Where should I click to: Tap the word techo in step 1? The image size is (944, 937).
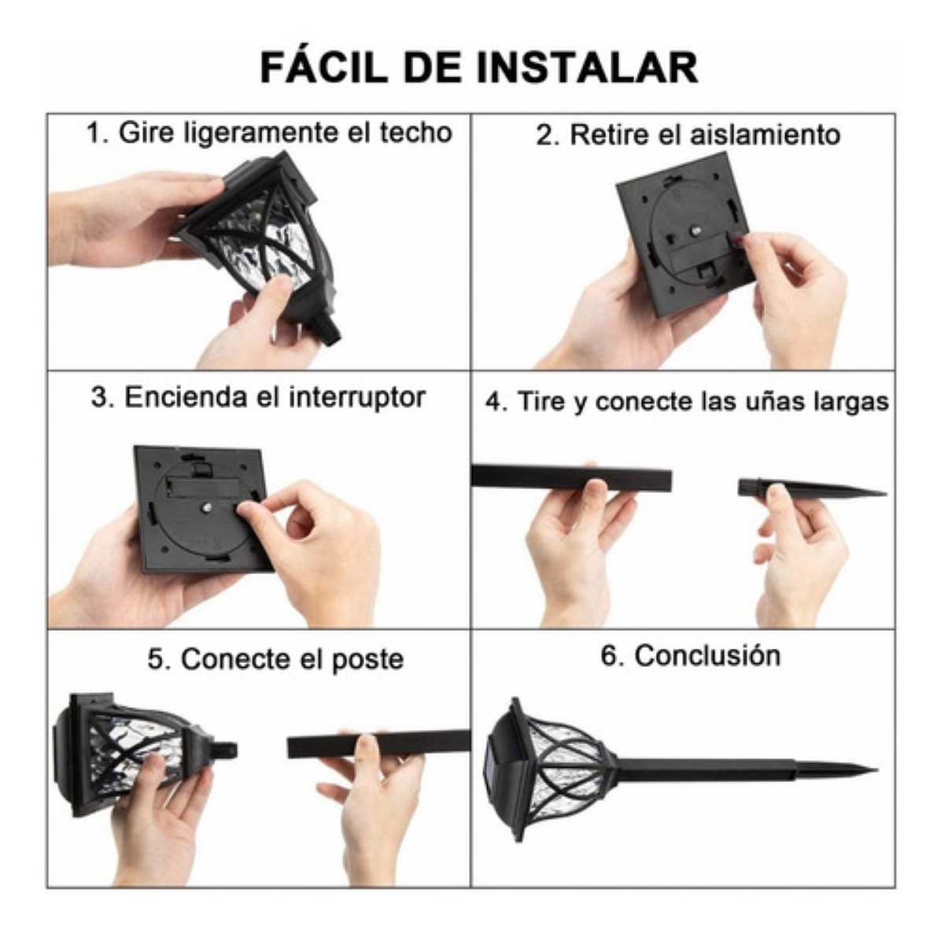click(x=416, y=132)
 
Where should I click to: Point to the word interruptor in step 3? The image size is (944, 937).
click(x=357, y=398)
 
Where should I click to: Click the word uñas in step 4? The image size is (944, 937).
click(x=778, y=401)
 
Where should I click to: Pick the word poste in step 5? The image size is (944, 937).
click(x=368, y=660)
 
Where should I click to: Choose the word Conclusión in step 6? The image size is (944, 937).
click(x=708, y=656)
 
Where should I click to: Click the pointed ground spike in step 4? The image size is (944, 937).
click(x=812, y=488)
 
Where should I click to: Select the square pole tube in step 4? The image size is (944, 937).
click(x=571, y=476)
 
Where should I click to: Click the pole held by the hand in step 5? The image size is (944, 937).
click(x=378, y=745)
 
